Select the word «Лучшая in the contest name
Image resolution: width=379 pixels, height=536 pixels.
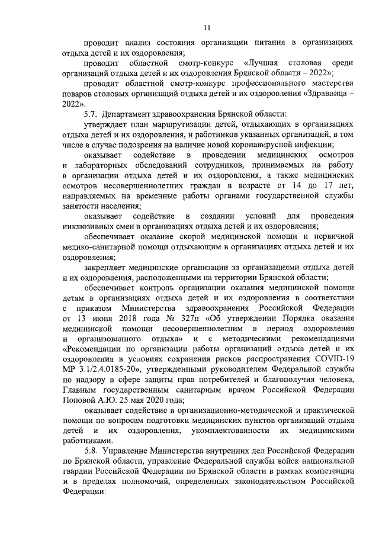point(261,63)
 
